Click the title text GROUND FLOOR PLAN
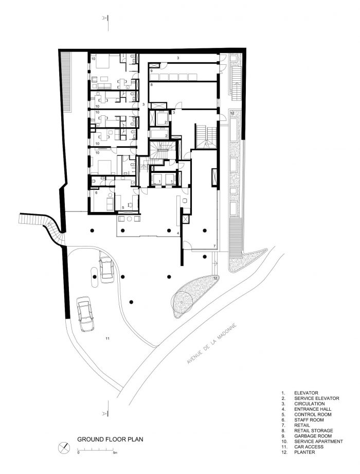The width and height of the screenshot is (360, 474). tap(110, 440)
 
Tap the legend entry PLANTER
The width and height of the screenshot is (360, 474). tap(305, 452)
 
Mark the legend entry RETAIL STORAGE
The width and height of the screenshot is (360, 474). tap(314, 431)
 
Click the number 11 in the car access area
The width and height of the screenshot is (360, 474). tap(107, 338)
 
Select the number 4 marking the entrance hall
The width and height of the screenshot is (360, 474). tap(178, 234)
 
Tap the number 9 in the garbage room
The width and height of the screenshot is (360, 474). tap(151, 71)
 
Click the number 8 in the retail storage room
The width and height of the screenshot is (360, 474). tap(151, 84)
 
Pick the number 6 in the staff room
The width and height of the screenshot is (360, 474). tap(96, 192)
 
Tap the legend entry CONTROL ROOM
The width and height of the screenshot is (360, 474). tap(313, 415)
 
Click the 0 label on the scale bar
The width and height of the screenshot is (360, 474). tap(79, 453)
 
